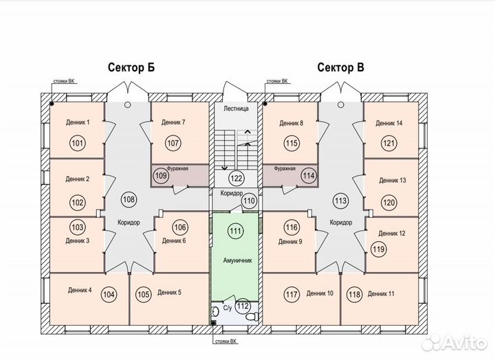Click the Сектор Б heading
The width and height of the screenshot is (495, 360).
131,67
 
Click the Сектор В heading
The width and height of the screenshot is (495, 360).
340,67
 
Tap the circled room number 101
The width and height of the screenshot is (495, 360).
77,143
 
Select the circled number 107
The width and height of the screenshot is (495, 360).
173,143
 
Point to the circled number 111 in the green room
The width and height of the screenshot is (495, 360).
236,231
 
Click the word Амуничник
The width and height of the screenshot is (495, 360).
237,260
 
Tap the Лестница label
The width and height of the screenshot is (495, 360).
236,109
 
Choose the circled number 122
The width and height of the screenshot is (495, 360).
236,178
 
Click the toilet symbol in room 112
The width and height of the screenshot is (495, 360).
254,316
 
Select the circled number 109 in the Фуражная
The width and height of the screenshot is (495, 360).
161,175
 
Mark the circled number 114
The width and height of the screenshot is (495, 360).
309,175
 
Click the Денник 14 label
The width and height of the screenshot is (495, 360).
389,123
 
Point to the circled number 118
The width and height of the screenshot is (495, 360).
354,294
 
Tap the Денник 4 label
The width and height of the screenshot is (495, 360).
80,290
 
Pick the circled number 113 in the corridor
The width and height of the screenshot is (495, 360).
340,201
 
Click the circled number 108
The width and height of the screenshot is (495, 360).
129,199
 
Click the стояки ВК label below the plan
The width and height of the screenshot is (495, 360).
225,341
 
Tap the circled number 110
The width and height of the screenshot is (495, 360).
249,201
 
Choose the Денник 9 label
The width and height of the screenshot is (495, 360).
290,242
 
